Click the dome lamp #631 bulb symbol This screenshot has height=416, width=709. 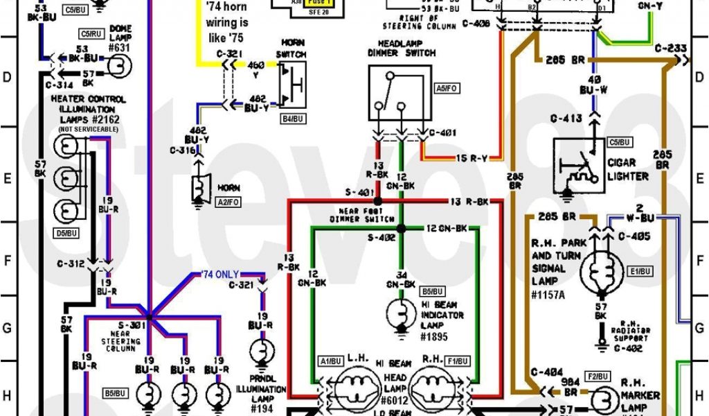pyautogui.click(x=116, y=65)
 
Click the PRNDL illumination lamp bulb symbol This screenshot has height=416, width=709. pyautogui.click(x=263, y=349)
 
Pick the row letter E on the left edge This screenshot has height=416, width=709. pyautogui.click(x=7, y=177)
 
